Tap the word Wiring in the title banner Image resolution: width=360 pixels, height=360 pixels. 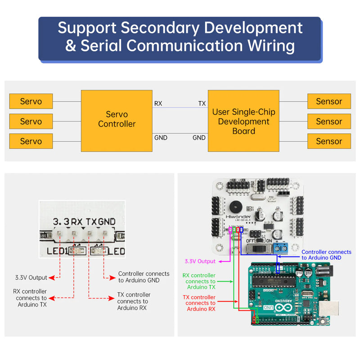[x=271, y=46]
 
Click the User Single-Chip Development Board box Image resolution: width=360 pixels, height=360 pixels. [x=243, y=121]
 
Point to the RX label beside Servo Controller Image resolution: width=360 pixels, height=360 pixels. [x=158, y=103]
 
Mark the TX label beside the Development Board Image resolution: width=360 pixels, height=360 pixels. [x=202, y=103]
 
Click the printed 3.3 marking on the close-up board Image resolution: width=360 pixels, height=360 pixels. [x=62, y=222]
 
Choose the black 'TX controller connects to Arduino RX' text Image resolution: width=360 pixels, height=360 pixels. [x=134, y=301]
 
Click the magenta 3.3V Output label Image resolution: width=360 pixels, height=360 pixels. [x=200, y=261]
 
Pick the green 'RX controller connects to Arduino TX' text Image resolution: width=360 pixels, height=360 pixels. [x=198, y=281]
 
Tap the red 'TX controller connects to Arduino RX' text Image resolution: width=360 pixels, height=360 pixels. [x=199, y=303]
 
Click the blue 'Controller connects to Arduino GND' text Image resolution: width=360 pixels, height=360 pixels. [x=326, y=255]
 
